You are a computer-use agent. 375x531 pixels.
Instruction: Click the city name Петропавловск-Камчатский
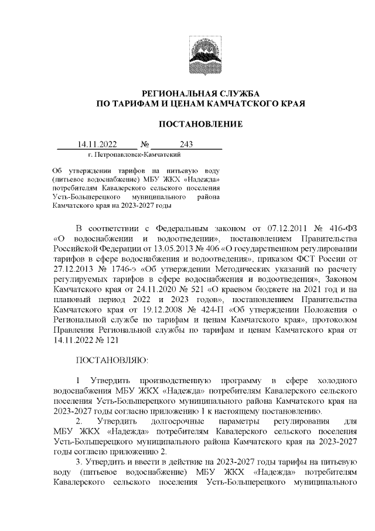pos(137,154)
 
